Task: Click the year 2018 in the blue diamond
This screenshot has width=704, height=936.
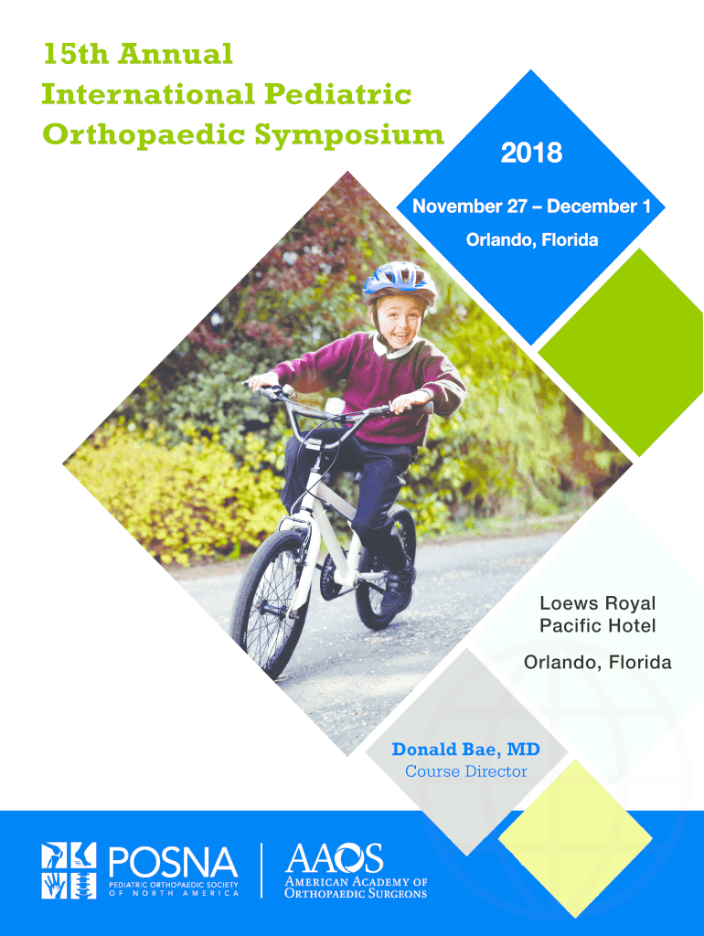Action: [531, 153]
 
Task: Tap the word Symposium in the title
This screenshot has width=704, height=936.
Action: [349, 134]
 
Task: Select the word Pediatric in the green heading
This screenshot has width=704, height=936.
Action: [338, 94]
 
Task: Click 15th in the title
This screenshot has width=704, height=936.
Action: [76, 54]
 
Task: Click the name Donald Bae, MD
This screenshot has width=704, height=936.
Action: [465, 750]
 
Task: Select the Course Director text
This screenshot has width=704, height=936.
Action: [465, 771]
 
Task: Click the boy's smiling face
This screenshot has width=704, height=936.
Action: [399, 321]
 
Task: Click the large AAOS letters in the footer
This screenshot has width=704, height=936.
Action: [334, 858]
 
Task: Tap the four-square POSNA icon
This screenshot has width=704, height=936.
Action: [69, 870]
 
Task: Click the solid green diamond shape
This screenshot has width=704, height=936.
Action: [621, 352]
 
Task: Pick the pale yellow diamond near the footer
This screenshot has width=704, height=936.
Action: [575, 838]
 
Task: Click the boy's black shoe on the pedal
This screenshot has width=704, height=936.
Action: [399, 588]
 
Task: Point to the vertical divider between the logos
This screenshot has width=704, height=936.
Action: [261, 870]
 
